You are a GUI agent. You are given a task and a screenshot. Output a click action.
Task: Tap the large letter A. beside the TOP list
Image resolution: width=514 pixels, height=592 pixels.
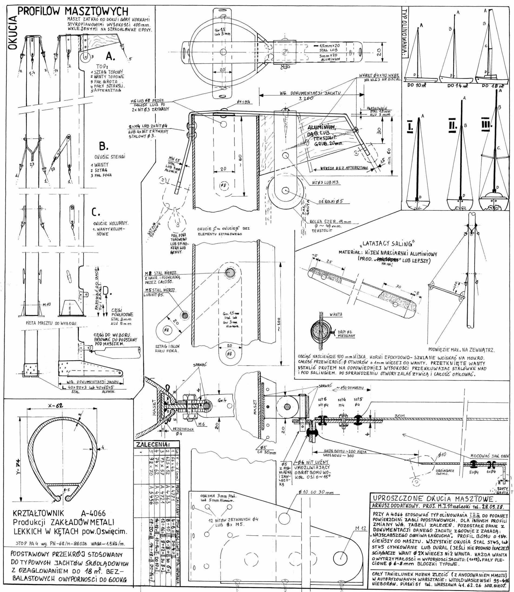(111, 56)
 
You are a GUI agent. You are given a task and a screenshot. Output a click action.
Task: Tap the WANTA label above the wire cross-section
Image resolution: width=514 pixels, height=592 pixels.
(336, 315)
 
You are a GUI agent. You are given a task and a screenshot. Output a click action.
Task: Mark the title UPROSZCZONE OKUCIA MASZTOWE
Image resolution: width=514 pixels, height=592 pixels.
(439, 498)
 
